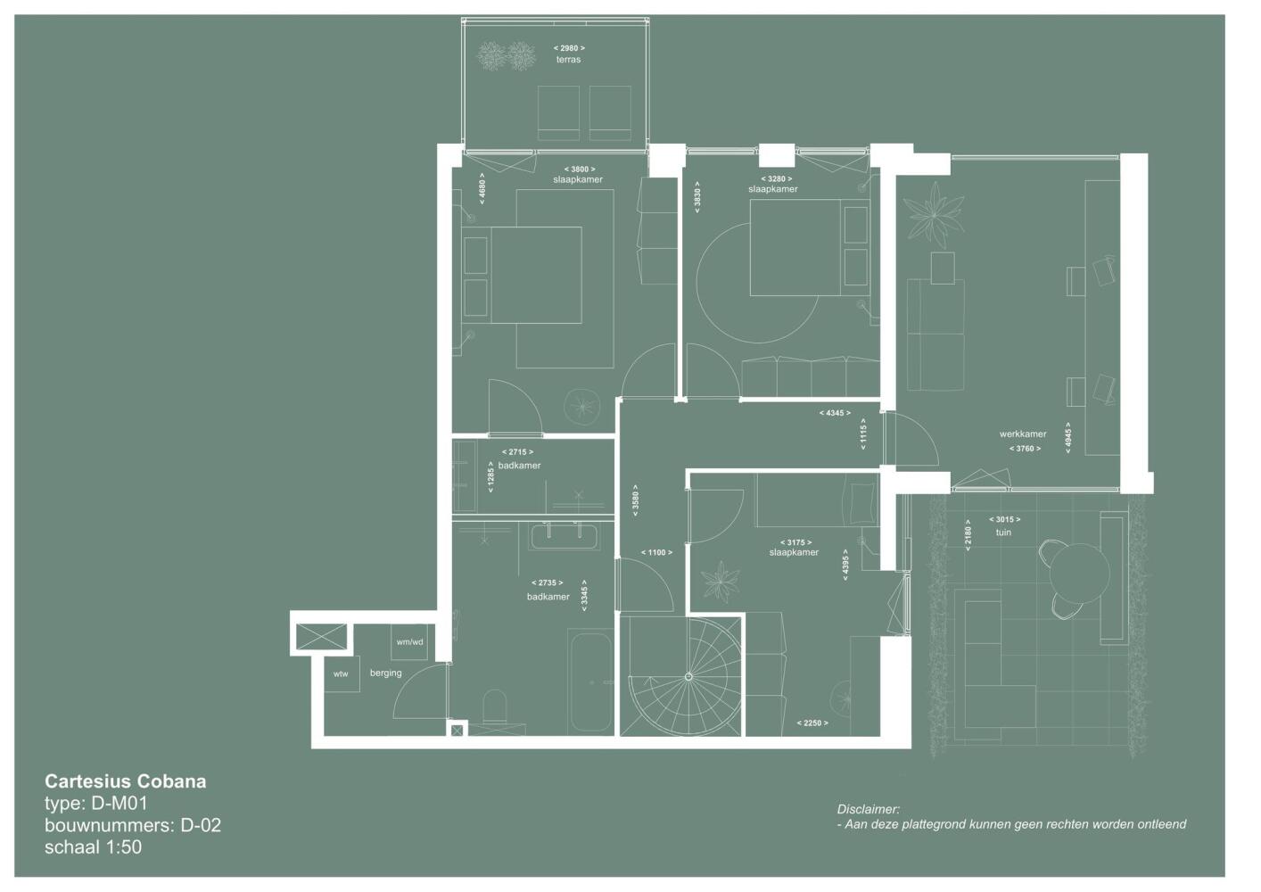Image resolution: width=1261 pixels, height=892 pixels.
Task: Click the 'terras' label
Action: pyautogui.click(x=568, y=60)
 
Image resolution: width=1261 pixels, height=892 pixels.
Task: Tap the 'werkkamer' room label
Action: pyautogui.click(x=1023, y=434)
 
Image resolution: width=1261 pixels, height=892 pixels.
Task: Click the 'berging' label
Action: pyautogui.click(x=385, y=673)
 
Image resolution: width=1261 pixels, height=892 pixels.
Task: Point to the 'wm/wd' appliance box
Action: pyautogui.click(x=409, y=642)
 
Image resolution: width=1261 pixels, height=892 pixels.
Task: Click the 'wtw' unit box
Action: pyautogui.click(x=342, y=673)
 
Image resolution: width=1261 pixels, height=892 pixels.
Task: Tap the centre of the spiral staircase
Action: pyautogui.click(x=688, y=677)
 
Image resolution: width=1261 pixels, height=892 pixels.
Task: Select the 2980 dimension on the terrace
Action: pyautogui.click(x=569, y=48)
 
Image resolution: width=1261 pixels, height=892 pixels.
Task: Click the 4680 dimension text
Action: pyautogui.click(x=482, y=188)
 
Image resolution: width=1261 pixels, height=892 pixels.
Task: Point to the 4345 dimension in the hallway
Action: pyautogui.click(x=835, y=413)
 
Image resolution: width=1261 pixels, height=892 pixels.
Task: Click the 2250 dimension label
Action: pyautogui.click(x=812, y=723)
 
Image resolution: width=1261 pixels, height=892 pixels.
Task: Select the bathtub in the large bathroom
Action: pyautogui.click(x=590, y=682)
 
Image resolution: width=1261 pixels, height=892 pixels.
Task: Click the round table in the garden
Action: pyautogui.click(x=1080, y=574)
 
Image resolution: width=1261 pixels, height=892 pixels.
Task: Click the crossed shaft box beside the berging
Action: pyautogui.click(x=321, y=636)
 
